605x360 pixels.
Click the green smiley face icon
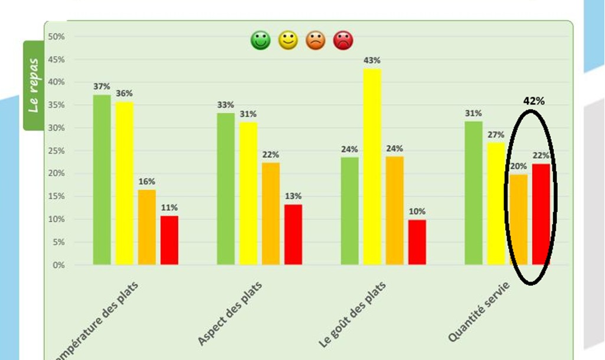click(260, 41)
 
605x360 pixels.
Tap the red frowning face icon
click(343, 41)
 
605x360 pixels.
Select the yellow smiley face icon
click(288, 41)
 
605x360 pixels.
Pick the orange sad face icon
click(316, 41)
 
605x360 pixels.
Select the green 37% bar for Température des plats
click(102, 179)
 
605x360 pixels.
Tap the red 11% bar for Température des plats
click(169, 240)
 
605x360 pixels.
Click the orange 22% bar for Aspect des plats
click(271, 214)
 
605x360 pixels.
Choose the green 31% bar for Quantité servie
click(473, 193)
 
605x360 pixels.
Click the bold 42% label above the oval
click(534, 101)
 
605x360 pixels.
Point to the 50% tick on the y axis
click(57, 37)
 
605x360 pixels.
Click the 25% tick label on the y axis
click(57, 151)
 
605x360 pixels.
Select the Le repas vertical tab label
click(34, 84)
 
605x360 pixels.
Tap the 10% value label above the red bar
click(417, 211)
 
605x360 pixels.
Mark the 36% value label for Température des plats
click(124, 93)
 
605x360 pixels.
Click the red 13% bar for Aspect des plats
click(293, 234)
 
